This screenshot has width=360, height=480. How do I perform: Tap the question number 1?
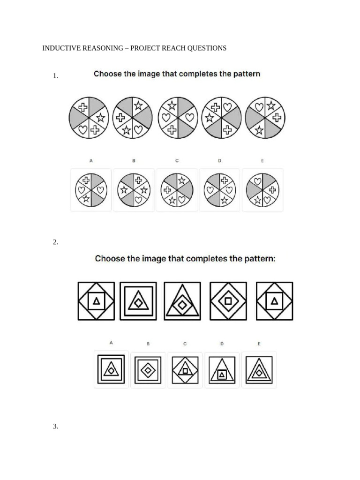tap(55, 76)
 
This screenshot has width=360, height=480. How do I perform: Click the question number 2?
tap(55, 242)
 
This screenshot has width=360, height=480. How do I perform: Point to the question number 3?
tap(55, 426)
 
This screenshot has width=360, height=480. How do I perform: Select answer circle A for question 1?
tap(91, 190)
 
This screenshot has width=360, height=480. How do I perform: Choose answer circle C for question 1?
tap(177, 190)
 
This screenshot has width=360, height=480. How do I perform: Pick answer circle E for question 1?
tap(262, 190)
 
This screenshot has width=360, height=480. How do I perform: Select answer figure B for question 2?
tap(148, 370)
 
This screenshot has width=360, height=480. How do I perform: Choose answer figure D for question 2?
tap(222, 370)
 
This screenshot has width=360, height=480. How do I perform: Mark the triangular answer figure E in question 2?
tap(259, 370)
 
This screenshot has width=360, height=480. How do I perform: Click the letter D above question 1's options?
tap(219, 161)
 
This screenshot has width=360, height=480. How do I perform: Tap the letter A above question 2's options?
tap(111, 343)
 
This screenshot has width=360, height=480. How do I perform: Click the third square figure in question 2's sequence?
tap(182, 301)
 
